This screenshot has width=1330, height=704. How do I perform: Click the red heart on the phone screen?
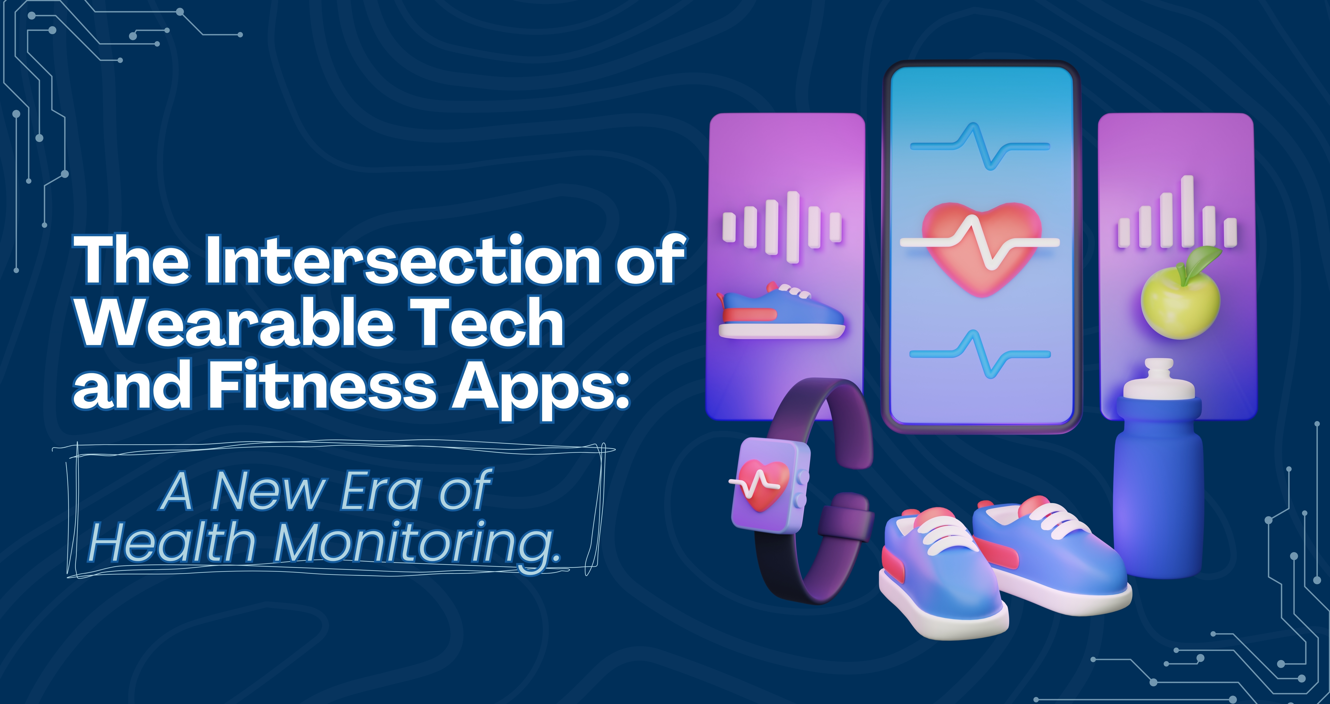[x=981, y=248]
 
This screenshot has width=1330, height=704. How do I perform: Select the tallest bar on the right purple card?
[x=1188, y=212]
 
